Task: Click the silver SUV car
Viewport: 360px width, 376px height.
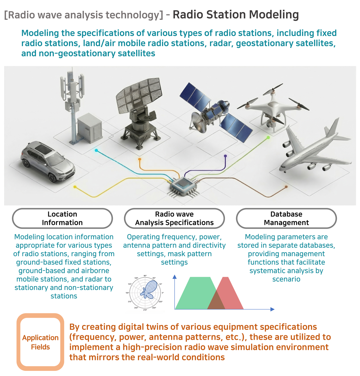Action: coord(48,161)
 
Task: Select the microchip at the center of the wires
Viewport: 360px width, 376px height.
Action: coord(183,187)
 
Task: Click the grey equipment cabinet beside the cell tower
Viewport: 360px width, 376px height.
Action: coord(90,128)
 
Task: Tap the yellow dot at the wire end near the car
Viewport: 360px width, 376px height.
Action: coord(75,187)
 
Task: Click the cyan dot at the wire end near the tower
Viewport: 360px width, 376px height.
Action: coord(96,150)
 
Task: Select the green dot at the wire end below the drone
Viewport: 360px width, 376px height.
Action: coord(268,138)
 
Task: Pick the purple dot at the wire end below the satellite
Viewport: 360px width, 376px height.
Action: coord(225,156)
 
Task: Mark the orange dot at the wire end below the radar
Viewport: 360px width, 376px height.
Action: coord(139,159)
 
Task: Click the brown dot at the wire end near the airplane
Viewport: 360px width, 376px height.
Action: coord(286,187)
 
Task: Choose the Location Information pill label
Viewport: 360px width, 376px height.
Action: coord(62,218)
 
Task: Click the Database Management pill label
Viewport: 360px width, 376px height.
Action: coord(286,218)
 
